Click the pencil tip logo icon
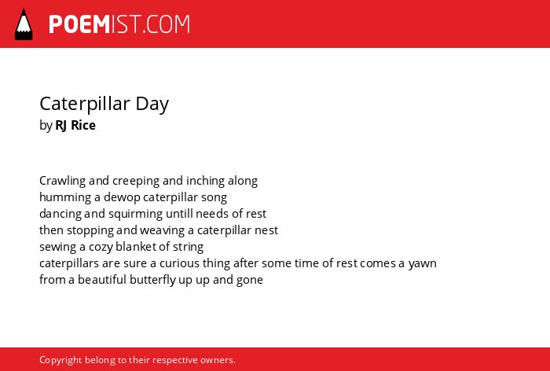(24, 24)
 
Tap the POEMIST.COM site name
(119, 24)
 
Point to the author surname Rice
(83, 125)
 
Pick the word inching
(206, 181)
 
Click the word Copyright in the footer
(60, 360)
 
